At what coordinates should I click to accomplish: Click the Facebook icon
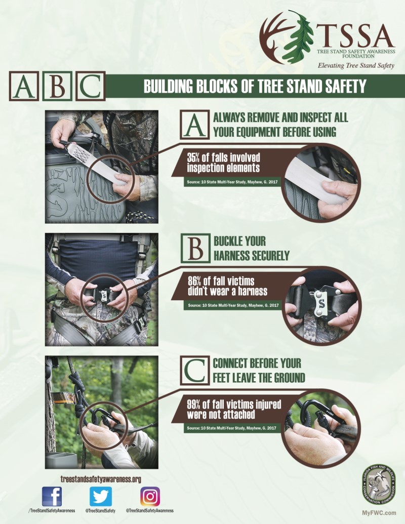point(52,496)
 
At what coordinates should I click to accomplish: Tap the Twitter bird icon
point(101,496)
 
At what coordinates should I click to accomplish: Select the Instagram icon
point(150,496)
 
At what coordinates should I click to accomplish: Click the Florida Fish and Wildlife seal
point(379,485)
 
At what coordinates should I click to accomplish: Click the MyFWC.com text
point(379,513)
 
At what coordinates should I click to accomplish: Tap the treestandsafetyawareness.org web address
point(101,479)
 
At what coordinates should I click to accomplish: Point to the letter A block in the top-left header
point(23,86)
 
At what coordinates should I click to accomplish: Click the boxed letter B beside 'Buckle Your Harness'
point(195,248)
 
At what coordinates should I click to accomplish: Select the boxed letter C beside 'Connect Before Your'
point(195,371)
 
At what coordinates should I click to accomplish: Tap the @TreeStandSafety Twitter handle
point(101,511)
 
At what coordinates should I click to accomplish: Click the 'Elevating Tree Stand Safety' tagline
point(356,65)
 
